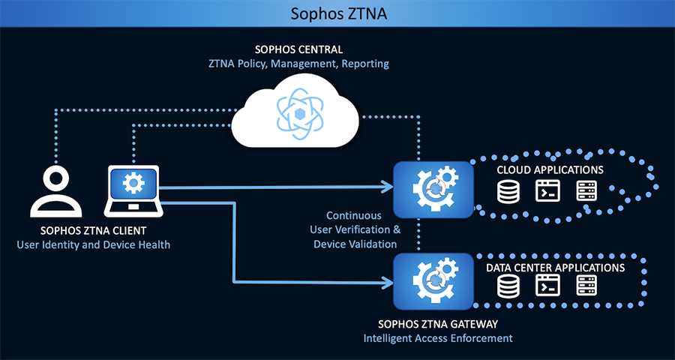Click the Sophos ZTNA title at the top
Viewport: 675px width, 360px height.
coord(337,13)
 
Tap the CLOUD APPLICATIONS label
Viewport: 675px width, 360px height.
coord(550,170)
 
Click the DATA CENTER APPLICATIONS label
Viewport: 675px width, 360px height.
coord(555,267)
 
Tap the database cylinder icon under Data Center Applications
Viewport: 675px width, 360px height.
coord(508,286)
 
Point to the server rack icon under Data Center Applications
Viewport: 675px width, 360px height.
coord(586,286)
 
